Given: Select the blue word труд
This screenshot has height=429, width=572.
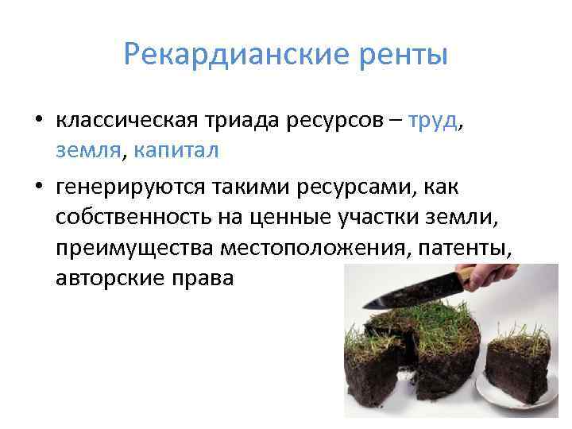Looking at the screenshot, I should click(x=434, y=120).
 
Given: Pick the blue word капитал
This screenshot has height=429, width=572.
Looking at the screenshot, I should click(x=176, y=149).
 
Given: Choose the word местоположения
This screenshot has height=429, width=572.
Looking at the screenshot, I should click(x=296, y=247).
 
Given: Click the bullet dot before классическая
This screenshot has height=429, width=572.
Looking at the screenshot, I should click(x=37, y=121).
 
